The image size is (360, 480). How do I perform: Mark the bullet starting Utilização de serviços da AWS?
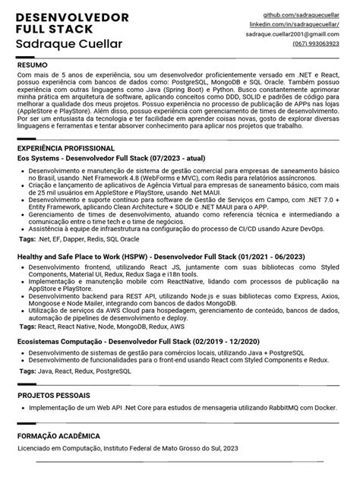182,314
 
